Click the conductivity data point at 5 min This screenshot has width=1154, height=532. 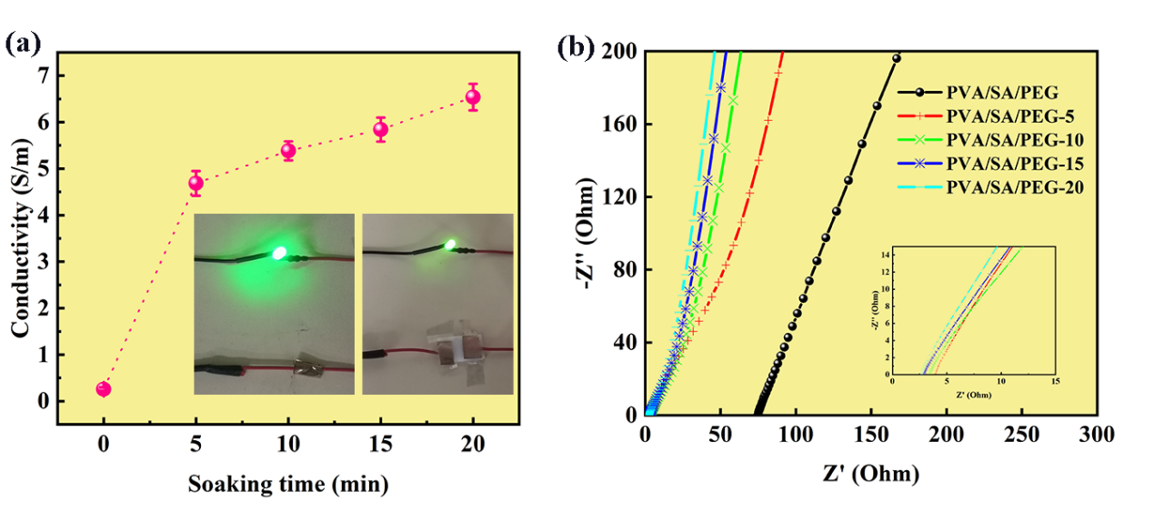click(x=196, y=183)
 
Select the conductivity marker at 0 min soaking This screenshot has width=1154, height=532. click(x=104, y=389)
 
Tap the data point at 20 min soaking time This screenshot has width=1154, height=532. click(x=473, y=97)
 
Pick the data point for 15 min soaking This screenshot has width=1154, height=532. click(x=381, y=129)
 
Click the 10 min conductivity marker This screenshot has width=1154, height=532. click(x=288, y=151)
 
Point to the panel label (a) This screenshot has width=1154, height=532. click(x=24, y=43)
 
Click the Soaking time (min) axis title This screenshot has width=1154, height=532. click(x=288, y=484)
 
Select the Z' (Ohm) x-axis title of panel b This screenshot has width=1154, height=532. click(x=870, y=474)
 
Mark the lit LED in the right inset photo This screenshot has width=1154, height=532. click(x=449, y=243)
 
